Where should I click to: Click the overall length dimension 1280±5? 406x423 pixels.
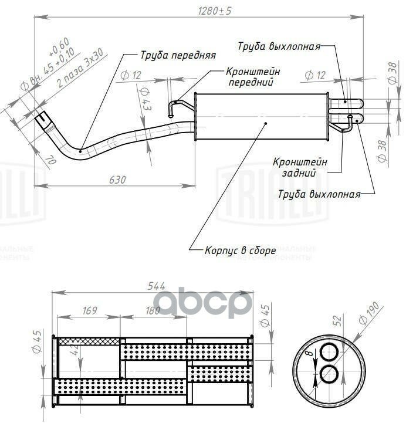tap(215, 10)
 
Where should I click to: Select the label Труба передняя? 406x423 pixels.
tap(178, 56)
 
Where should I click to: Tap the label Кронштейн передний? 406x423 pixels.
tap(252, 77)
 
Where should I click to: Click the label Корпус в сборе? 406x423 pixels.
tap(240, 251)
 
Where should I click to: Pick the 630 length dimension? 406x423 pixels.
tap(117, 180)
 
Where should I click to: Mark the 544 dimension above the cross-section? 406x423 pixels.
tap(155, 286)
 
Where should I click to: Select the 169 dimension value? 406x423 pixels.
tap(89, 310)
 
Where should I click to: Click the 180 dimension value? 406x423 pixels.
tap(152, 310)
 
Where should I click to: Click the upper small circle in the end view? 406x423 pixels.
tap(329, 351)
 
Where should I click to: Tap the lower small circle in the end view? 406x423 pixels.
tap(329, 374)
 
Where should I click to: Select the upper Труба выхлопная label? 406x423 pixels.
tap(279, 46)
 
